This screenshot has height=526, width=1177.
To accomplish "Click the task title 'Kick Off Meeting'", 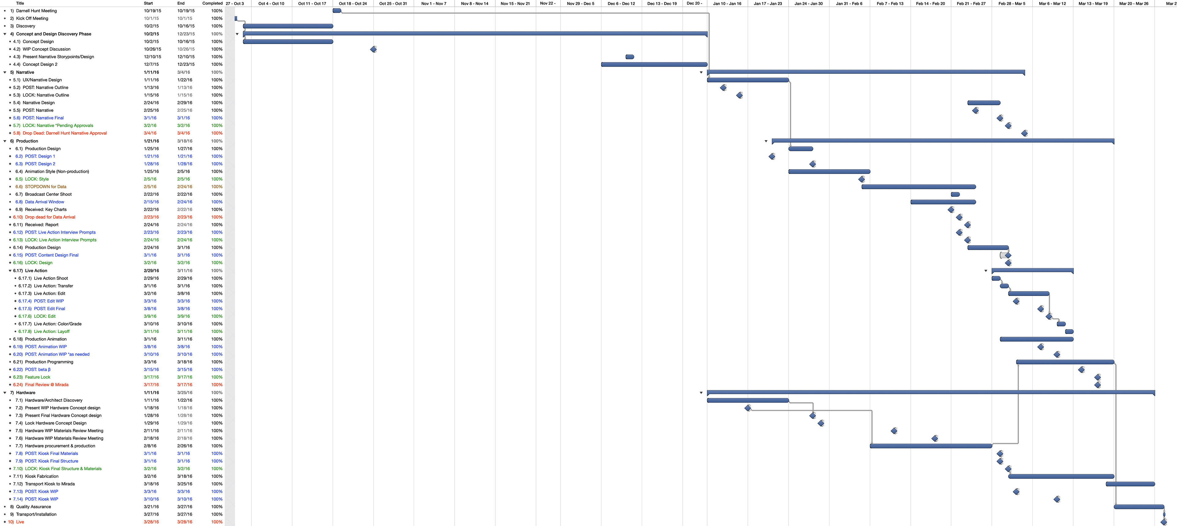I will point(32,18).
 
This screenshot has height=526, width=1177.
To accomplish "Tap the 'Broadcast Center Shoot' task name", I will point(48,194).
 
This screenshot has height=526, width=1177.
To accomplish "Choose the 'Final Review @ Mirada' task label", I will point(47,385).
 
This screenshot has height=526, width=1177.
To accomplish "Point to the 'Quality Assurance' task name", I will point(33,506).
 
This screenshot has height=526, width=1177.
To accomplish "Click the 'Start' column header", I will point(148,3).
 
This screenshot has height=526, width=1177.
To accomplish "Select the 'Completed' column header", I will point(212,3).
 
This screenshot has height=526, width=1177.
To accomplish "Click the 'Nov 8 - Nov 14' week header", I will point(474,3).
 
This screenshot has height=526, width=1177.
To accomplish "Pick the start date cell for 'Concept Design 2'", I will point(151,64).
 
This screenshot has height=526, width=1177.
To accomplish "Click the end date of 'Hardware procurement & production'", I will point(185,446).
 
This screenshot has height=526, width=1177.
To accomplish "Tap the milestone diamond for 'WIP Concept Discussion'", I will point(373,49).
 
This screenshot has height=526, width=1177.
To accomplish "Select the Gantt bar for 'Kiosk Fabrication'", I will point(1061,476).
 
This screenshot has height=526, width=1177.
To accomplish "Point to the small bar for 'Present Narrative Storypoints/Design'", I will point(630,57).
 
